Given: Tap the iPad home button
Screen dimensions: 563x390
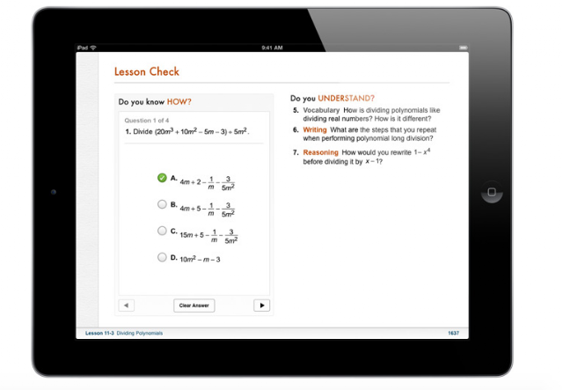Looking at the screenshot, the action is (x=492, y=192).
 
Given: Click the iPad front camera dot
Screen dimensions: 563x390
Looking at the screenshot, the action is (x=54, y=192).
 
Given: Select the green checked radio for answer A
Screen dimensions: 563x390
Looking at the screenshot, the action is (x=162, y=178).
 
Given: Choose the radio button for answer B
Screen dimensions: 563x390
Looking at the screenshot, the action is (x=162, y=204).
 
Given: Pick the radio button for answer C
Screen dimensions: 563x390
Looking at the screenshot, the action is (x=162, y=231).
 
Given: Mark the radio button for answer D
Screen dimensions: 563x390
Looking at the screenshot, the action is (x=162, y=257).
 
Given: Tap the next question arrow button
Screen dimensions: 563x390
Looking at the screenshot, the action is (x=262, y=305).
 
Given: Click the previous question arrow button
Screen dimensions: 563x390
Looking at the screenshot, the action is (x=127, y=305).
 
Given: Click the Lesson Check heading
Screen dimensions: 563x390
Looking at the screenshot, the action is (x=147, y=71).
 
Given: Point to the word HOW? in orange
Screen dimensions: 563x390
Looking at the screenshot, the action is (x=179, y=102).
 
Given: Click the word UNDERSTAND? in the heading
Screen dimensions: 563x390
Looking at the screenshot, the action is (x=346, y=98).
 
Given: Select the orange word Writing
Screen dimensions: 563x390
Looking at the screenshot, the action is (x=315, y=129).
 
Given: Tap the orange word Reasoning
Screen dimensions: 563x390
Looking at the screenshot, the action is (x=320, y=152).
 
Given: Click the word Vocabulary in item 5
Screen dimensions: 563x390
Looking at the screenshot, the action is (x=321, y=110).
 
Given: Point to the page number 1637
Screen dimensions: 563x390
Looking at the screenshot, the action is (x=454, y=333).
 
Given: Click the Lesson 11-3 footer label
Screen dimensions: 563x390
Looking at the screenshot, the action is (x=99, y=333).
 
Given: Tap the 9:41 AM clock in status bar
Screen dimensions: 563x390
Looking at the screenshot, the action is (x=272, y=48).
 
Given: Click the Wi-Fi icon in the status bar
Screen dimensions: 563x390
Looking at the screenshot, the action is (x=93, y=48).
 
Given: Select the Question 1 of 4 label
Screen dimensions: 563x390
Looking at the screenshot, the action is (x=147, y=121).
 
